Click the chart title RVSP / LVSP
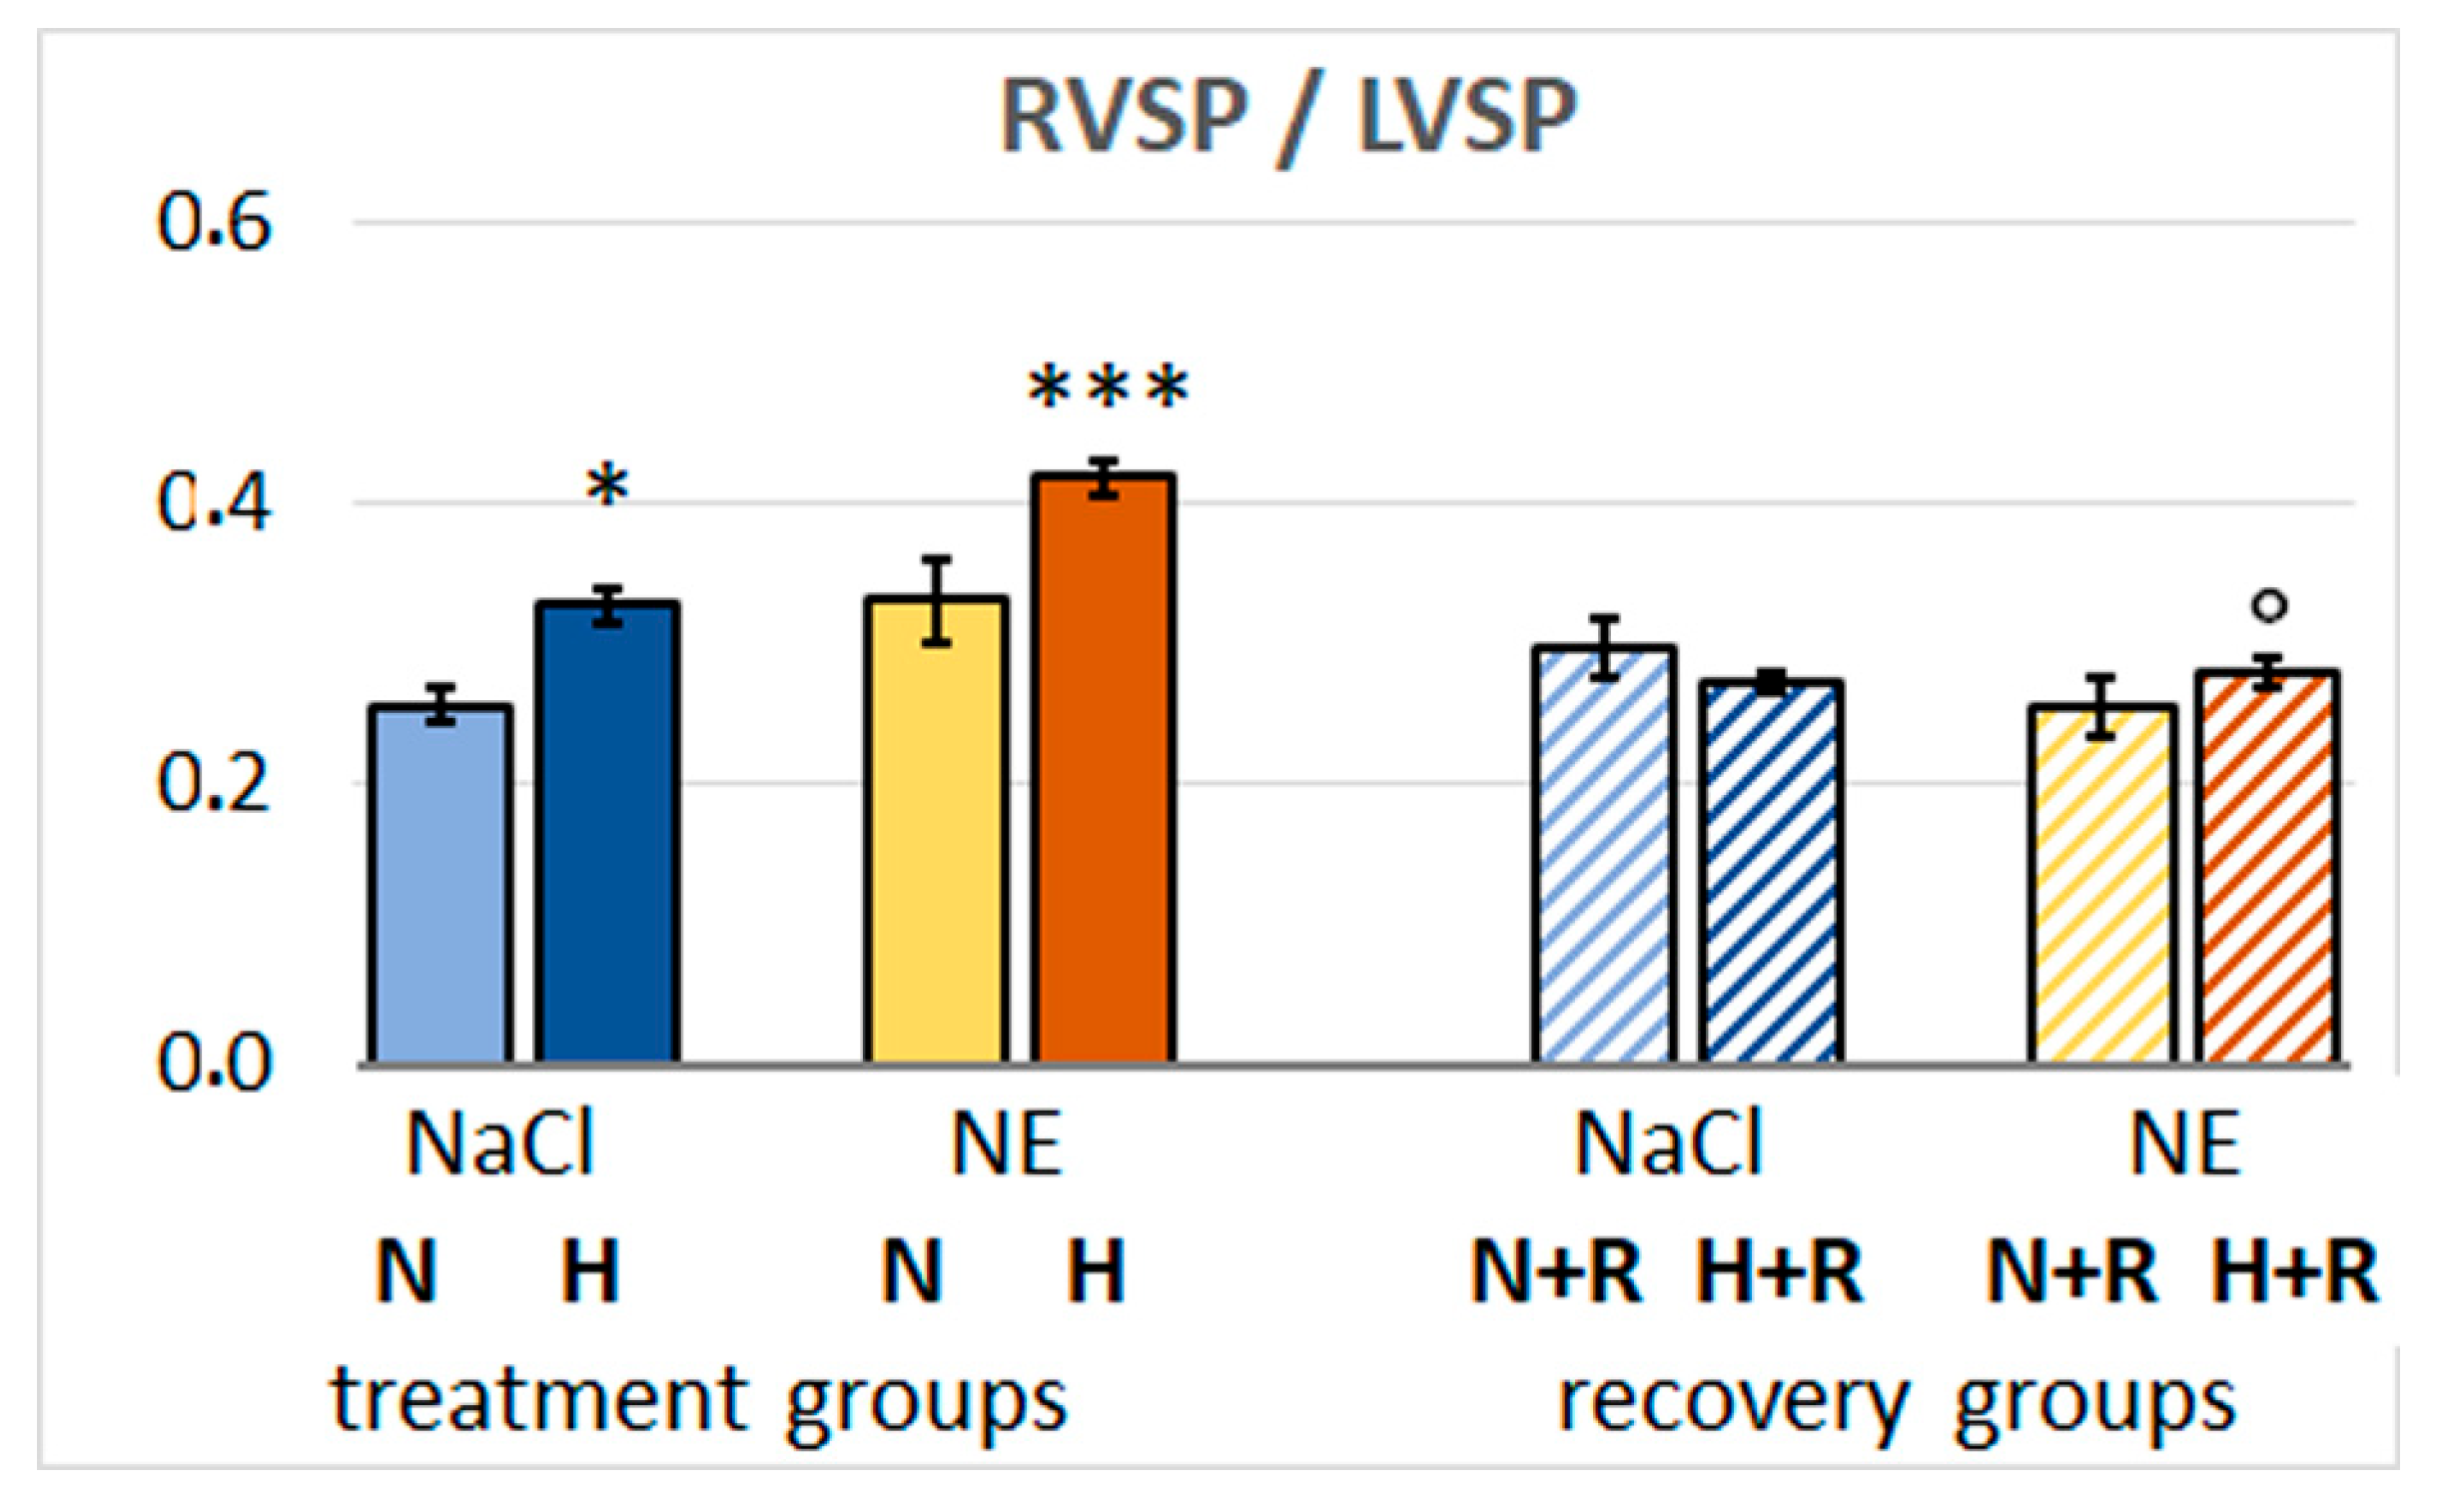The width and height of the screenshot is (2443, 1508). [x=1288, y=118]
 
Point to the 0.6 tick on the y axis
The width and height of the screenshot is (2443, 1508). [x=215, y=222]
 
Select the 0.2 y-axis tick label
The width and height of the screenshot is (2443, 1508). [x=215, y=783]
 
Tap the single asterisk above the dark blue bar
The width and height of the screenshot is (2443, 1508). [x=607, y=488]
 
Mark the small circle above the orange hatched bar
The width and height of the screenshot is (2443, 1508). [x=2270, y=605]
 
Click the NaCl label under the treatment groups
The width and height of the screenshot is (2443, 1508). [x=500, y=1144]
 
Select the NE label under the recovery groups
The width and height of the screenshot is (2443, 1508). [x=2184, y=1144]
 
